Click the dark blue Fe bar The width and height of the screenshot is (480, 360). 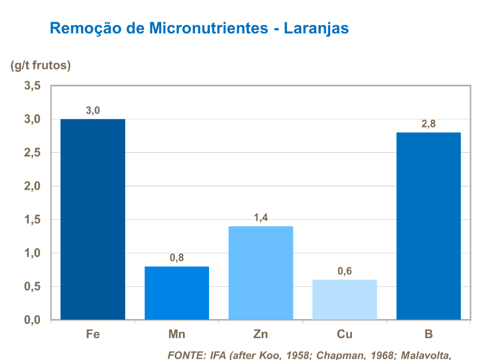(x=93, y=219)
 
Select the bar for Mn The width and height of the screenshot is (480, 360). (x=177, y=293)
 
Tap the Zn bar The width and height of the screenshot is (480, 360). (x=261, y=273)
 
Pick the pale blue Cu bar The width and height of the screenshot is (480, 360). (x=345, y=299)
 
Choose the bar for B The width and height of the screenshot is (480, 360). (x=428, y=226)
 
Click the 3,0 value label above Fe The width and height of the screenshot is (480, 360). (x=93, y=111)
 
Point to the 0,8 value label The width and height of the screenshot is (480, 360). (x=177, y=258)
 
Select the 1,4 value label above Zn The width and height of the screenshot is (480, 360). (x=261, y=217)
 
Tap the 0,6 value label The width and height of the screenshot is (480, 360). (x=345, y=271)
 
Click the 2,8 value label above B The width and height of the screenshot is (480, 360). (x=428, y=124)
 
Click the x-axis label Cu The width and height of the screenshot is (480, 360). (x=345, y=334)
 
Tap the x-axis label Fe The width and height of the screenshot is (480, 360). (x=93, y=334)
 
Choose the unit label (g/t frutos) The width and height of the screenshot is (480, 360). (x=41, y=65)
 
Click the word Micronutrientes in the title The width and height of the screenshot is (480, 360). (x=209, y=28)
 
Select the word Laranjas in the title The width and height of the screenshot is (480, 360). (x=316, y=28)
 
